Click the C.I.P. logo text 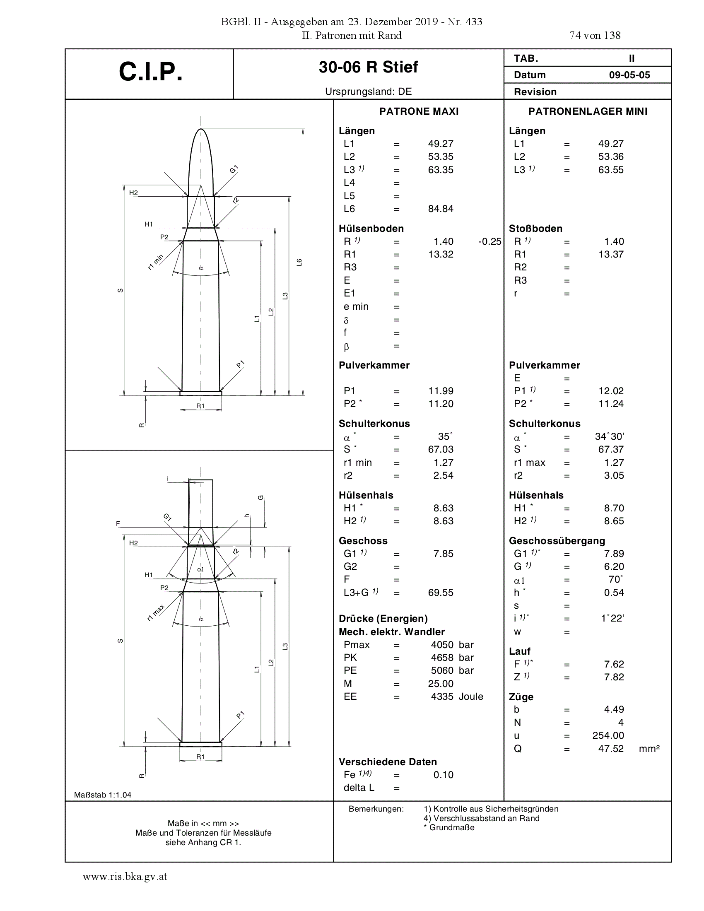pos(151,72)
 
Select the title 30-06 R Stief pos(368,67)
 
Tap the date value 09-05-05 pos(629,75)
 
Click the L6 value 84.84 pos(441,209)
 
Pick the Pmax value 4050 pos(442,645)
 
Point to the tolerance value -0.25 pos(489,241)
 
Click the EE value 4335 pos(442,697)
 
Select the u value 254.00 pos(608,735)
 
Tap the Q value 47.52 pos(611,749)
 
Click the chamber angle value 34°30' pos(610,436)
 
